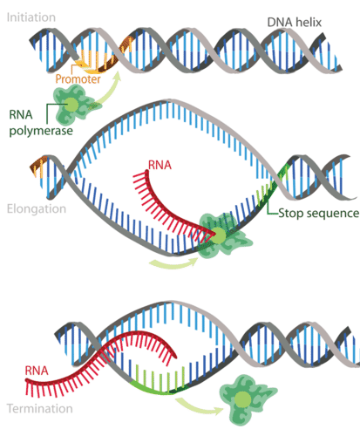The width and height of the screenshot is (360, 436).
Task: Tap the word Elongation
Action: tap(33, 210)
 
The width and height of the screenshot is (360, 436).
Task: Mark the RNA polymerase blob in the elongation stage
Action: tap(218, 236)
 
